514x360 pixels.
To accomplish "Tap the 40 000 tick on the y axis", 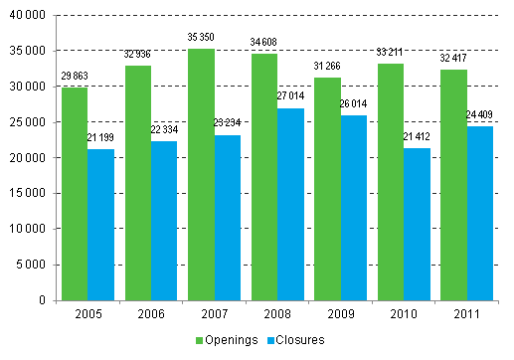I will (29, 16).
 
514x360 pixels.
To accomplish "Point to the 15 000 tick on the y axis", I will (29, 193).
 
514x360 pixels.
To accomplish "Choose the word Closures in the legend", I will (301, 340).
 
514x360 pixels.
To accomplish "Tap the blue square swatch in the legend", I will (270, 340).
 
